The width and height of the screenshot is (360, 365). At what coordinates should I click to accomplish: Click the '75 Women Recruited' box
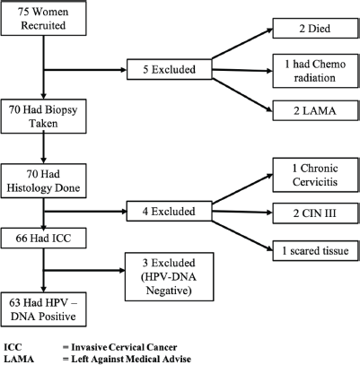click(x=43, y=19)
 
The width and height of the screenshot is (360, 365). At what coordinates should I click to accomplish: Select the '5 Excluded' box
click(x=170, y=69)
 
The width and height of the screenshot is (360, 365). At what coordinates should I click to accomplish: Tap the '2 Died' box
click(x=315, y=29)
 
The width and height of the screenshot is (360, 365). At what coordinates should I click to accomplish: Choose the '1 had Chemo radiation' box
click(x=315, y=71)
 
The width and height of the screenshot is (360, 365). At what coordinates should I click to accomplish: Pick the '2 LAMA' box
click(x=315, y=110)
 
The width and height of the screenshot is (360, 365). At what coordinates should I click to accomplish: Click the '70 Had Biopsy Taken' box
click(x=43, y=117)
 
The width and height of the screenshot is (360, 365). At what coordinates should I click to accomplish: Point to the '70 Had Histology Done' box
click(x=43, y=181)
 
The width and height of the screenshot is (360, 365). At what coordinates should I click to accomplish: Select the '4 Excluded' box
click(x=170, y=211)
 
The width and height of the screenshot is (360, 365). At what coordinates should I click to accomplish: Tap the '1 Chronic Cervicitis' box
click(x=315, y=175)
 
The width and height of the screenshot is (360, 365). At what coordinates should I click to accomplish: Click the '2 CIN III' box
click(x=315, y=213)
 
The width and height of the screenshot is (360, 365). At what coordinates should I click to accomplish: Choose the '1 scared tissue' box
click(x=315, y=250)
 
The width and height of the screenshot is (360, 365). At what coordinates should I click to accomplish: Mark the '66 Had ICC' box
click(x=43, y=238)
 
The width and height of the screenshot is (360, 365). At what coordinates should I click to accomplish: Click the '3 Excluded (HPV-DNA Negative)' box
click(x=169, y=276)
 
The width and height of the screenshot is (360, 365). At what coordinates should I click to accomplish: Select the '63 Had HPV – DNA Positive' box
click(x=43, y=309)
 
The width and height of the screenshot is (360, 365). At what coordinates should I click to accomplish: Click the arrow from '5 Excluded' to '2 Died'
click(x=242, y=44)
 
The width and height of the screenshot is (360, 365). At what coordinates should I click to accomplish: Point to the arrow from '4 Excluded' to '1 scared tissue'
click(x=242, y=235)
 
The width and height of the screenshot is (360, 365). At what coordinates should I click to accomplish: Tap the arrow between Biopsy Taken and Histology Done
click(x=44, y=148)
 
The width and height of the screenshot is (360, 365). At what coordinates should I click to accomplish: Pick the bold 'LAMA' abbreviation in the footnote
click(x=19, y=359)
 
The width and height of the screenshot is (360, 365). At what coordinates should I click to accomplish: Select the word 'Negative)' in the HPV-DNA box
click(x=169, y=291)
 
